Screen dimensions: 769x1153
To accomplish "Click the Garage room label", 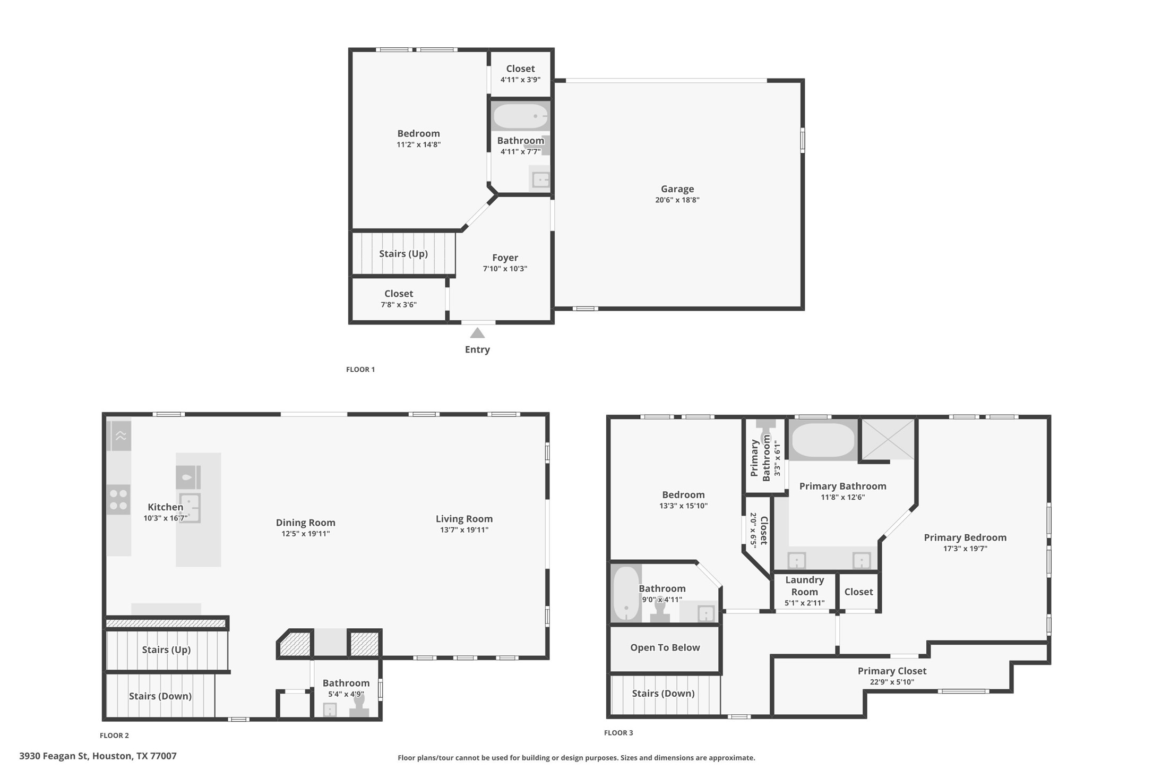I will pos(677,189).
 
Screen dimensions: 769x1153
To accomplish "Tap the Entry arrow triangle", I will pos(477,333).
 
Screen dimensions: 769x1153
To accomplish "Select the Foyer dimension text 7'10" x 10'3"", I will pos(505,269).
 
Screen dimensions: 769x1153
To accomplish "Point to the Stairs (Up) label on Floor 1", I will pos(403,254).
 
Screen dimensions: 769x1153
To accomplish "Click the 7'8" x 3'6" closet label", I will pos(399,305).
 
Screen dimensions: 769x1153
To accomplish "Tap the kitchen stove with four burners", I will pos(118,500).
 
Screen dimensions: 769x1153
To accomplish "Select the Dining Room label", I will pos(305,523).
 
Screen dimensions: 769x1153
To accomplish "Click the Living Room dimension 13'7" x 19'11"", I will pos(464,530).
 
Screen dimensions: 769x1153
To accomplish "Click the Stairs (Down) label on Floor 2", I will pos(160,696).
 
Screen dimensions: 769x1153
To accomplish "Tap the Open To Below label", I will pos(665,647).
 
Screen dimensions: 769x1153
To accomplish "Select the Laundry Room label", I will pos(804,586).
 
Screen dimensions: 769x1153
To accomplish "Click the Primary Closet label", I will pos(892,671).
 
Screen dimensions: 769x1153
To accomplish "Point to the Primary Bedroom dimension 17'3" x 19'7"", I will pos(965,549).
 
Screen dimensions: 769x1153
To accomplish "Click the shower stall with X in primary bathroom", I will pos(888,439).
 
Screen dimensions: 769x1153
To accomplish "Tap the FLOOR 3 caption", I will pos(618,733).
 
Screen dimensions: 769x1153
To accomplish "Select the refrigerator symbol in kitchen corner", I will pos(121,436).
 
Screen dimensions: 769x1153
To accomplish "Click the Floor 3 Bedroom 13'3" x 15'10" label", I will pos(683,495).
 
